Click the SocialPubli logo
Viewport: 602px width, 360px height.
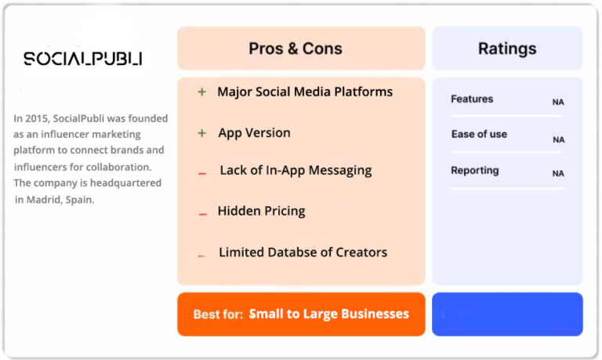(83, 58)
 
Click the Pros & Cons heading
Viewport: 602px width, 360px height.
(296, 49)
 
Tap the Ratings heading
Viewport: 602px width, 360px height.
(507, 49)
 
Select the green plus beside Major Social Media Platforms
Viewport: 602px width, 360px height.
(202, 92)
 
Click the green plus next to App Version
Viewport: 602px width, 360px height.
(202, 133)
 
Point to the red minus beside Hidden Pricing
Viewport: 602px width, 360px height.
(203, 214)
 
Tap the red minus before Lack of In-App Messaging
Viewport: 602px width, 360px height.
(202, 173)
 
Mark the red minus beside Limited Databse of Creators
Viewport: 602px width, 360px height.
(201, 256)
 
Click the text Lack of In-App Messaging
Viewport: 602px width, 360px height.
(296, 170)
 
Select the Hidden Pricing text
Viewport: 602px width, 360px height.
(262, 211)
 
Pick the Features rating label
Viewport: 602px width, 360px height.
(472, 99)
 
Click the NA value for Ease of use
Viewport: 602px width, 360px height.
(559, 140)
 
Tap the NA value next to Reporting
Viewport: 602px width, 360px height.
(558, 173)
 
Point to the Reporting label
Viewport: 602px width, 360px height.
(475, 170)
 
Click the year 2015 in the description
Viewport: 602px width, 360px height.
(38, 118)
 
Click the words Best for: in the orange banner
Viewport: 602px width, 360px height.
(218, 315)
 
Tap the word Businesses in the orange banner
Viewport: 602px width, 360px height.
(375, 314)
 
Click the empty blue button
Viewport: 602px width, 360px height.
(507, 315)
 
